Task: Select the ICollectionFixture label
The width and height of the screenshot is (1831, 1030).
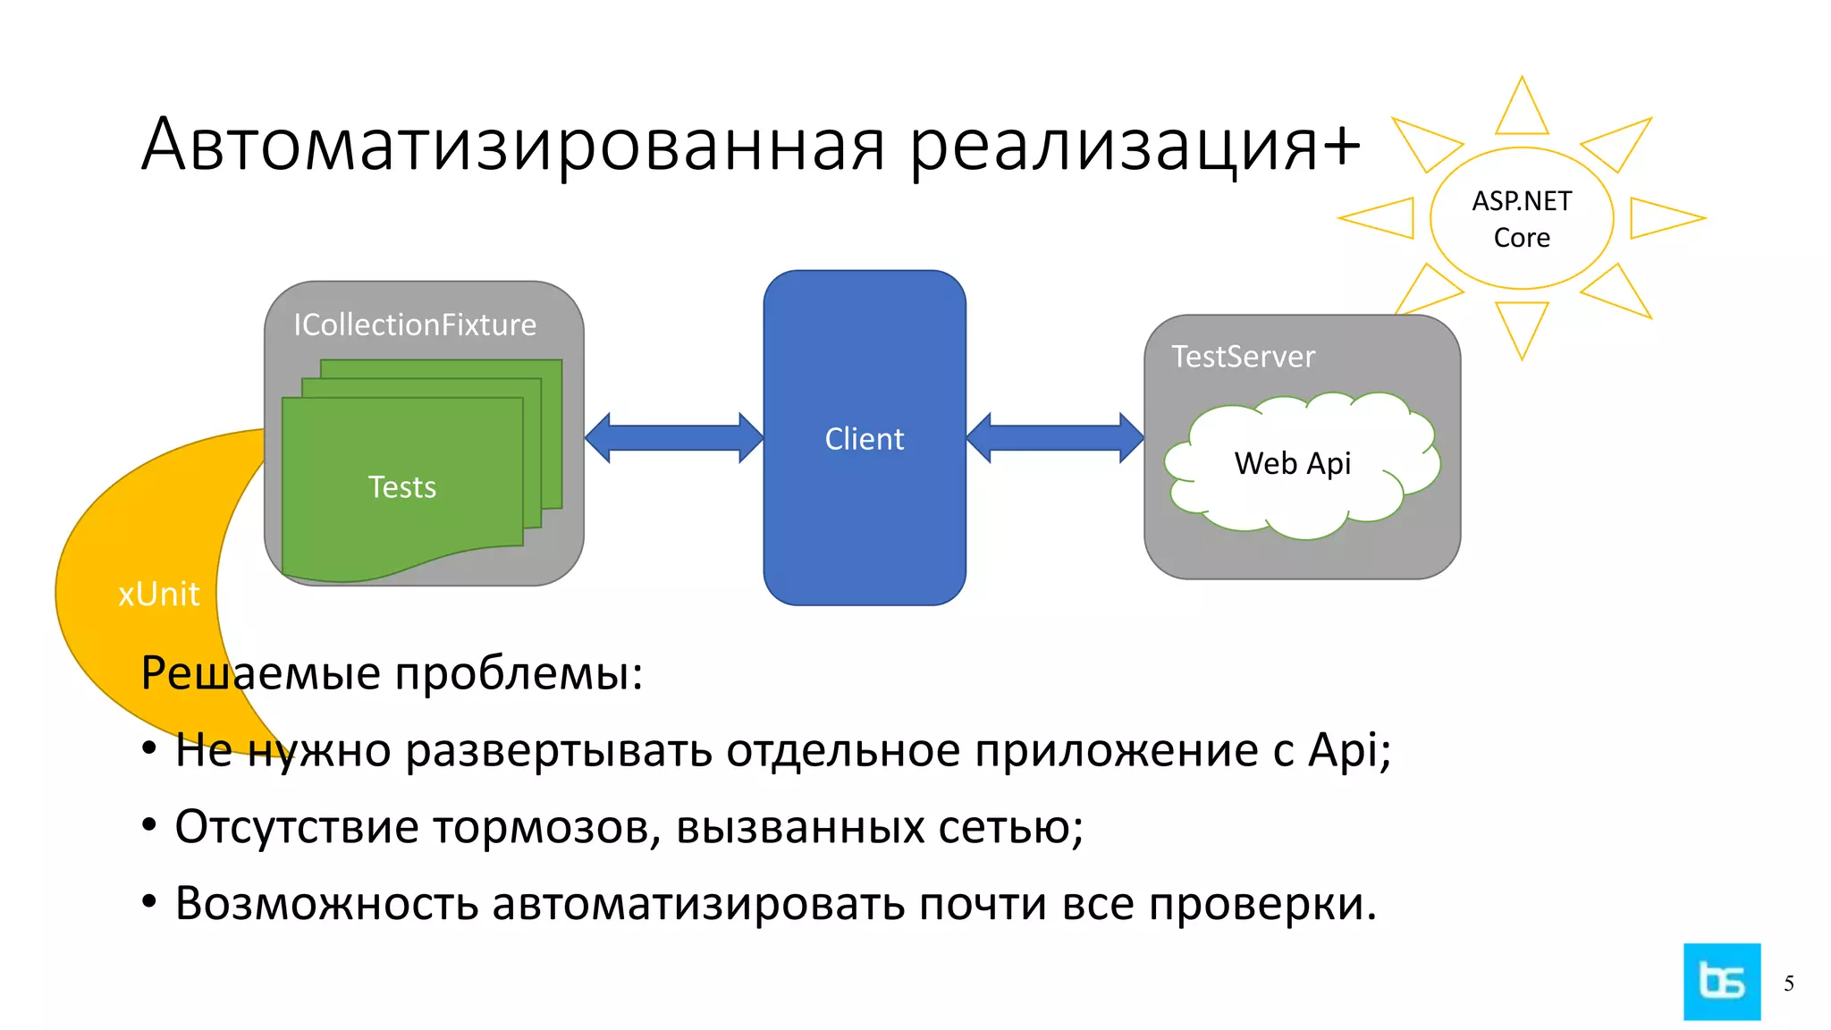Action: click(415, 325)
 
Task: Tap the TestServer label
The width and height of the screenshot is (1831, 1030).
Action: click(1243, 357)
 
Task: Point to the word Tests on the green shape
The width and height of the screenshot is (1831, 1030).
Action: click(402, 487)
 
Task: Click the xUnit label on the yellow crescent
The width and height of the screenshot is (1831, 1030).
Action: click(159, 595)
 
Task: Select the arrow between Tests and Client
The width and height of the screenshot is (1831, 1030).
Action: click(674, 438)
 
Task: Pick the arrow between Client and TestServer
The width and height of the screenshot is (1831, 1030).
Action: click(1055, 438)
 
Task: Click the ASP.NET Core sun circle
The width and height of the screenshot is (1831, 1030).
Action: click(1522, 219)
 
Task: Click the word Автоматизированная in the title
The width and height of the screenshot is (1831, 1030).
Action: click(513, 145)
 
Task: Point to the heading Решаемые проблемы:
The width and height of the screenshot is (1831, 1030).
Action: click(392, 673)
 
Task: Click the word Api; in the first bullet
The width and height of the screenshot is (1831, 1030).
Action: click(1349, 750)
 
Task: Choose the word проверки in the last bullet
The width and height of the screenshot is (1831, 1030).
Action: click(1261, 904)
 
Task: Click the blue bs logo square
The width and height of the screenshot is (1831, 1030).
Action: click(1722, 982)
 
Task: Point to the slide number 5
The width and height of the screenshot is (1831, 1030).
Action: click(1789, 984)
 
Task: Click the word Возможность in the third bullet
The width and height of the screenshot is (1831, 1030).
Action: click(327, 904)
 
